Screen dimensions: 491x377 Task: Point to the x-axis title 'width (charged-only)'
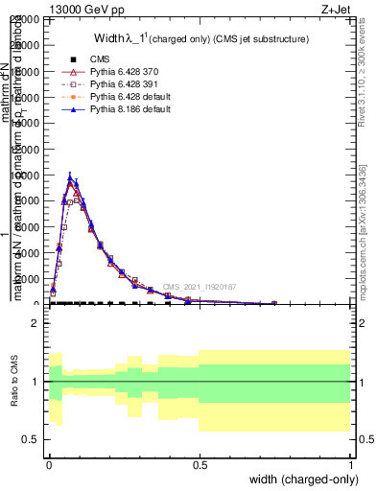(x=301, y=479)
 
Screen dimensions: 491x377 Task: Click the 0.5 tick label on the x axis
(x=200, y=464)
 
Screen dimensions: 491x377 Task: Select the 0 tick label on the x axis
(x=49, y=464)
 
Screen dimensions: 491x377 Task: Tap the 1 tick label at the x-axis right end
(x=350, y=464)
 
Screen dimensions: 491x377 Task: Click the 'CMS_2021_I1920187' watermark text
(x=198, y=287)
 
